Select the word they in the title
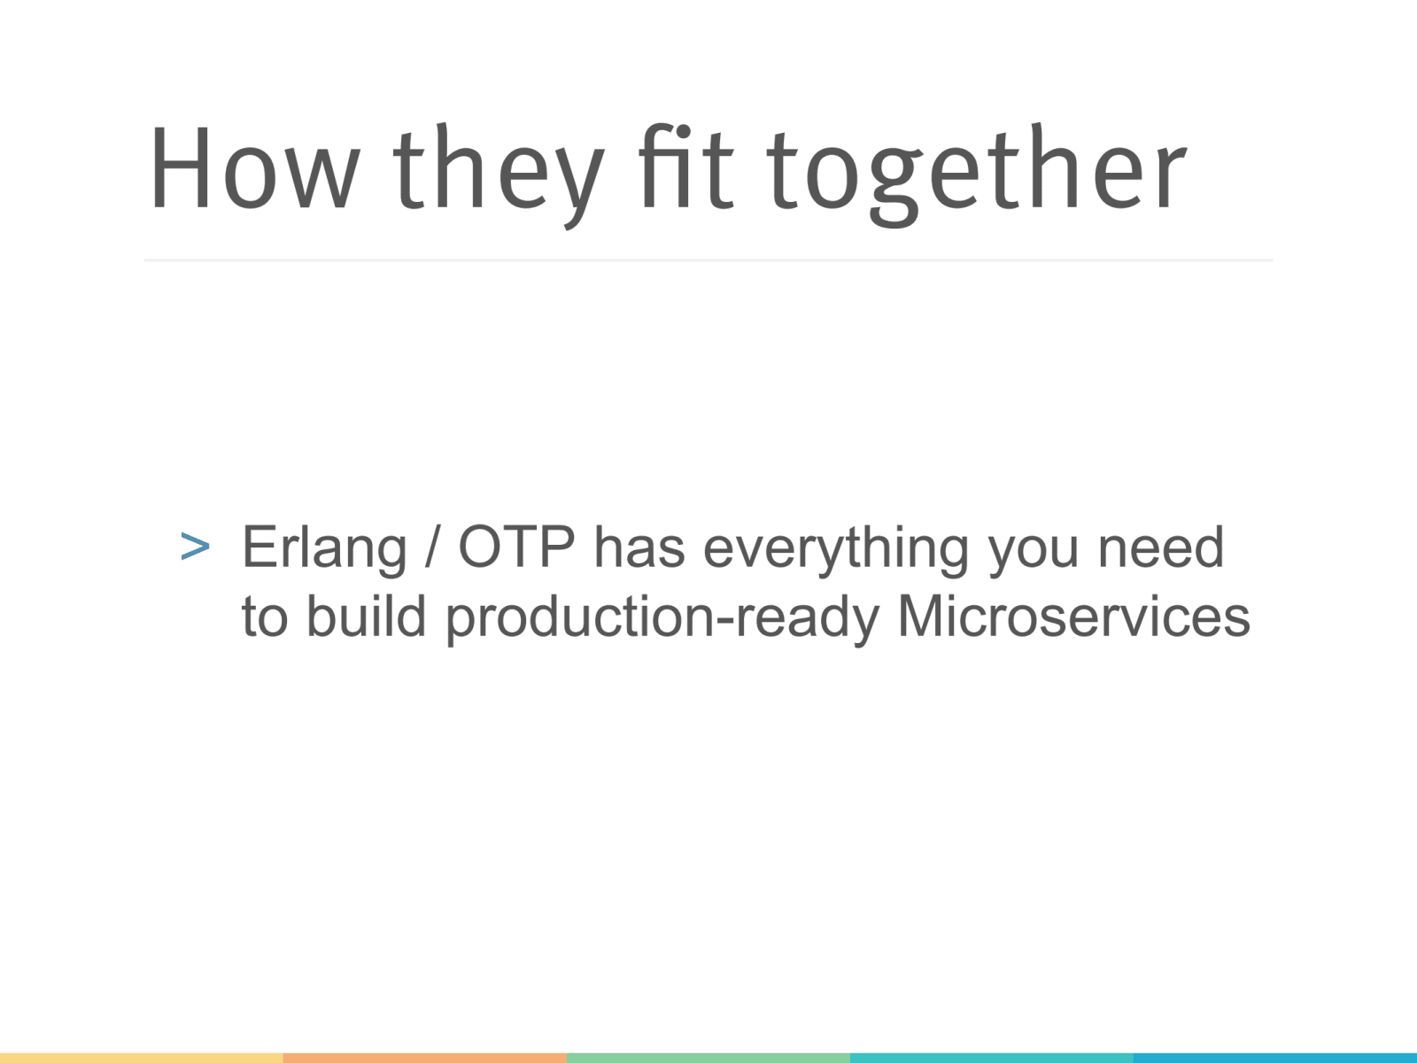pos(499,175)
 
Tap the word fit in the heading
pos(685,166)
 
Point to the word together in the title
pos(978,175)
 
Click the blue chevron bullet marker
pos(195,547)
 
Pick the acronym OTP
pos(515,547)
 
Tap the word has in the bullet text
pos(639,547)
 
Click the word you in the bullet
pos(1034,556)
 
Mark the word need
pos(1161,547)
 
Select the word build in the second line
pos(366,616)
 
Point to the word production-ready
pos(662,619)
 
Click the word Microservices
pos(1073,616)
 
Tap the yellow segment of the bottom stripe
pos(142,1058)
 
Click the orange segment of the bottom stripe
pos(425,1058)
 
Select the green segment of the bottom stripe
pos(708,1058)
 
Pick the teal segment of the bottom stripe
pos(992,1058)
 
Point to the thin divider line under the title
pos(708,260)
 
